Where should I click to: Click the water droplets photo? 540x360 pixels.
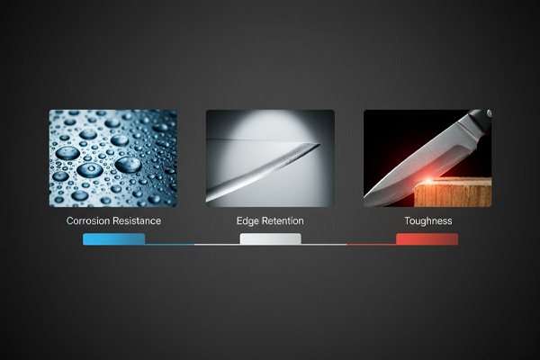coord(112,158)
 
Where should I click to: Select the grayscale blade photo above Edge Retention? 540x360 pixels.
coord(270,158)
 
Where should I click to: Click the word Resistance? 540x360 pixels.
coord(135,220)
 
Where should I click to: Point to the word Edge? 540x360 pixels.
coord(247,220)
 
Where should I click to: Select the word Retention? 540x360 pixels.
coord(283,220)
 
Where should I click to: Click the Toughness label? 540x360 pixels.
coord(427,220)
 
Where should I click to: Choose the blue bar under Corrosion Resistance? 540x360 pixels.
coord(113,239)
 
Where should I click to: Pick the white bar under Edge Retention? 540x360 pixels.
coord(270,239)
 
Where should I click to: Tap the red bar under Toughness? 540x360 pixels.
coord(427,239)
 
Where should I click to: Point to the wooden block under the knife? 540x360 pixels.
coord(454,193)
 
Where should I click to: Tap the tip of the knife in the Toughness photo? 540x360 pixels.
coord(369,200)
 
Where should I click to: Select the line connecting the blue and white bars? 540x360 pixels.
coord(192,244)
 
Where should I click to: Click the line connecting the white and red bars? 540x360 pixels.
coord(348,244)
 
